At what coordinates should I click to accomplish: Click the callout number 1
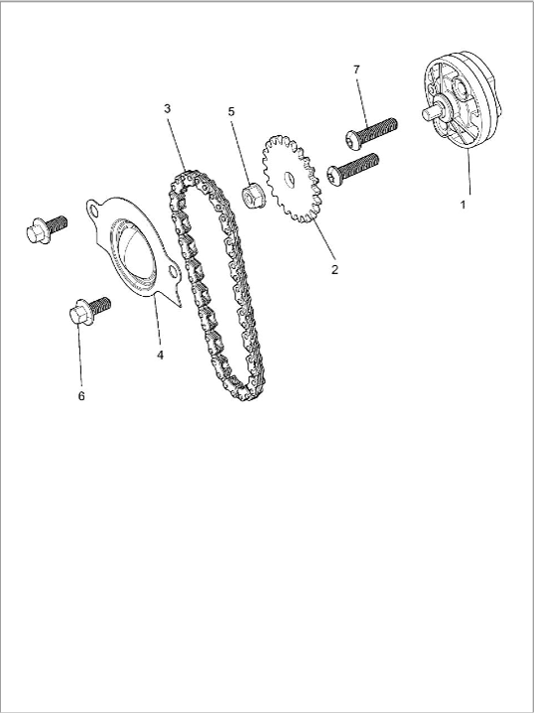(463, 205)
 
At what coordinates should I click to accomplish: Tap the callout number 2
(334, 270)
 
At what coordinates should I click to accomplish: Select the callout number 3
(167, 108)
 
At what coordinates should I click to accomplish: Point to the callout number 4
(160, 355)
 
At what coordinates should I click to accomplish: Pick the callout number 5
(231, 111)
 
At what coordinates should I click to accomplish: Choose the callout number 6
(81, 396)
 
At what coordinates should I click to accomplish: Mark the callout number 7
(356, 70)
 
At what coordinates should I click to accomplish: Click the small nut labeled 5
(253, 197)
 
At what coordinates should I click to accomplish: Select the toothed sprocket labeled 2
(292, 179)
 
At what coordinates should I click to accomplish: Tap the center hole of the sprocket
(289, 179)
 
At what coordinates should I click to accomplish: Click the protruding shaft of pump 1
(431, 111)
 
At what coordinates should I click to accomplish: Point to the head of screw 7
(353, 140)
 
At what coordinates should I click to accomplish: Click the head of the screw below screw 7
(334, 176)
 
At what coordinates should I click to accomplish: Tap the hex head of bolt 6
(80, 313)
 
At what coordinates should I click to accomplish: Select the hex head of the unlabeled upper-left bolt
(37, 231)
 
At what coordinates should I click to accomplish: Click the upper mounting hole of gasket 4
(94, 211)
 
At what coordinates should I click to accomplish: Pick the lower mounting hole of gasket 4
(173, 272)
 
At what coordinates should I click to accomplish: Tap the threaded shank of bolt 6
(100, 306)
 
